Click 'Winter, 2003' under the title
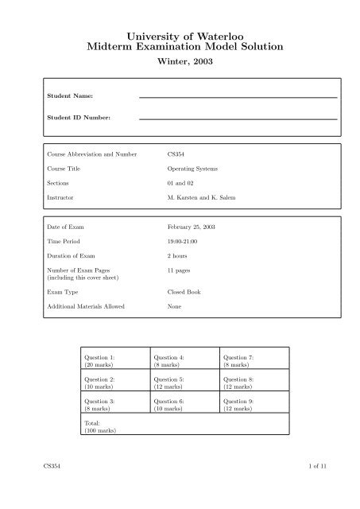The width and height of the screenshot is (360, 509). tap(180, 68)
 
